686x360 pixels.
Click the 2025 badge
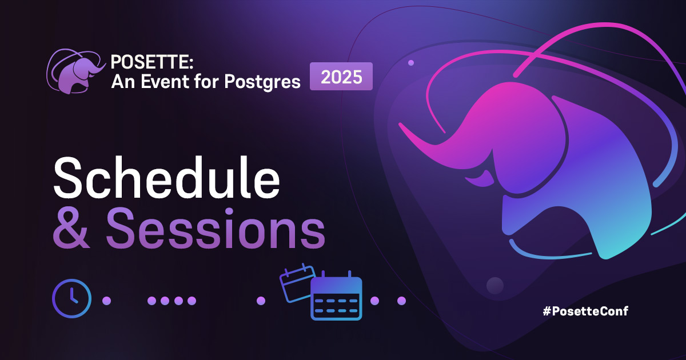(341, 77)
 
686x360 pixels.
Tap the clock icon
(71, 299)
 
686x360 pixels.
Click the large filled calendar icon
(336, 298)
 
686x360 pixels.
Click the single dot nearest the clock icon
(106, 301)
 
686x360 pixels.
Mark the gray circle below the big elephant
(494, 285)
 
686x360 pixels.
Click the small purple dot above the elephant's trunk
(411, 62)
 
